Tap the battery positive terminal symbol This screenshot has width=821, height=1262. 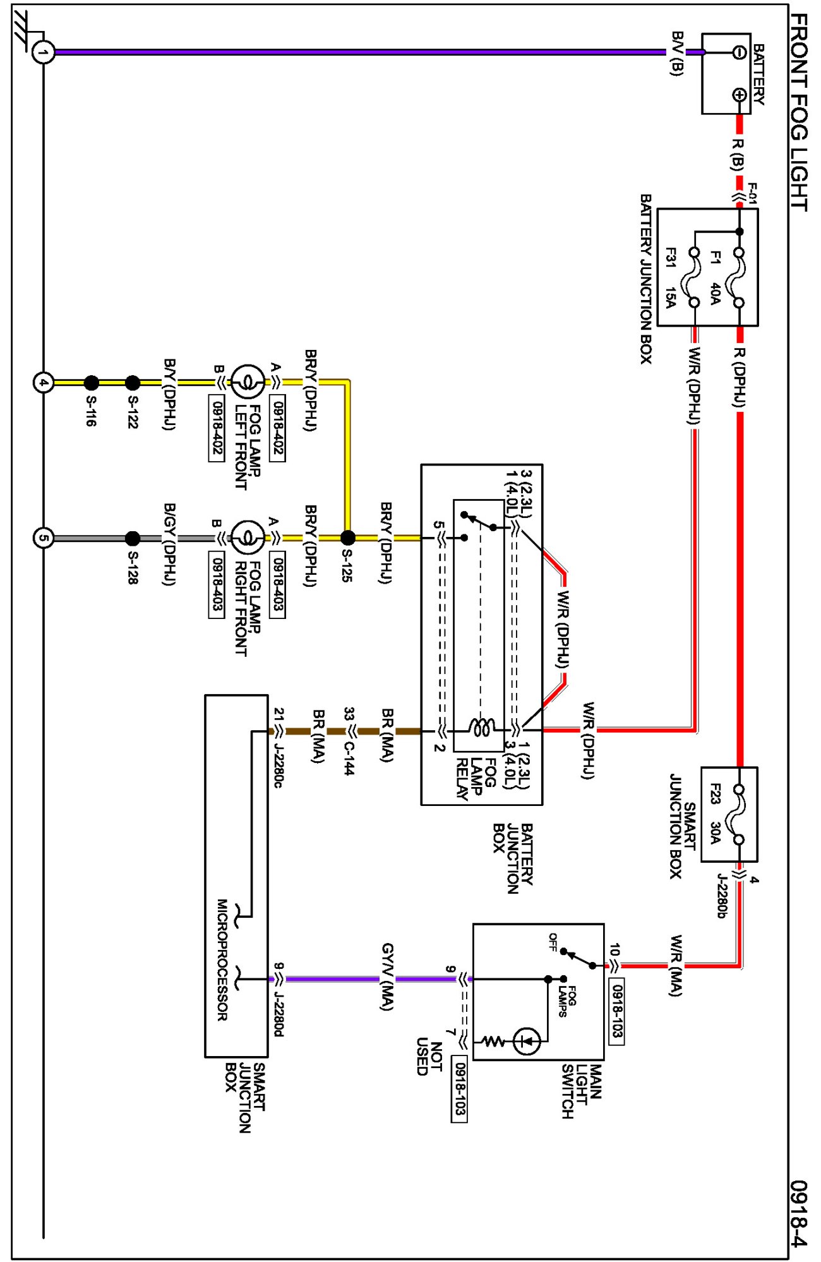click(740, 95)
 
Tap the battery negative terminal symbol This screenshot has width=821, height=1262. click(740, 52)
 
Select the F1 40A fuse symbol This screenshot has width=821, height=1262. click(739, 277)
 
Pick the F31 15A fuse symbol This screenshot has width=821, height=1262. click(694, 277)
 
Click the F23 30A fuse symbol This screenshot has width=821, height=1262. click(738, 814)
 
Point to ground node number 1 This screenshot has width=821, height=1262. click(43, 52)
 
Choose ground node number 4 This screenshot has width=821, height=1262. click(43, 383)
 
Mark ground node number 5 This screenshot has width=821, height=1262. click(43, 538)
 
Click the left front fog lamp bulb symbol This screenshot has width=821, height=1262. click(248, 382)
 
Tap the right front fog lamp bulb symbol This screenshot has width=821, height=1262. click(248, 538)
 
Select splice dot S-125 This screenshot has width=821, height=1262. click(347, 538)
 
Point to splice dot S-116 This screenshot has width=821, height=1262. click(92, 383)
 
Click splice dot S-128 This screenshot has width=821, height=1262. click(133, 538)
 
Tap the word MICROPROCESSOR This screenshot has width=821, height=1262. click(222, 959)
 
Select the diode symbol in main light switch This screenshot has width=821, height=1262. click(527, 1041)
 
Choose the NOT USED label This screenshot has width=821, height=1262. click(429, 1058)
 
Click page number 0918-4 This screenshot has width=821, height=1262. click(799, 1213)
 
